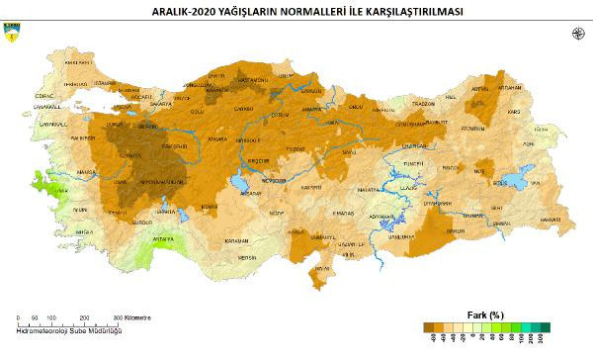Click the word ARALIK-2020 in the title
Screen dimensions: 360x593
185,12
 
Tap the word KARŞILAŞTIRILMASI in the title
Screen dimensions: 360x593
392,12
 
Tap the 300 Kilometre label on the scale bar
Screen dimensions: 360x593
133,318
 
